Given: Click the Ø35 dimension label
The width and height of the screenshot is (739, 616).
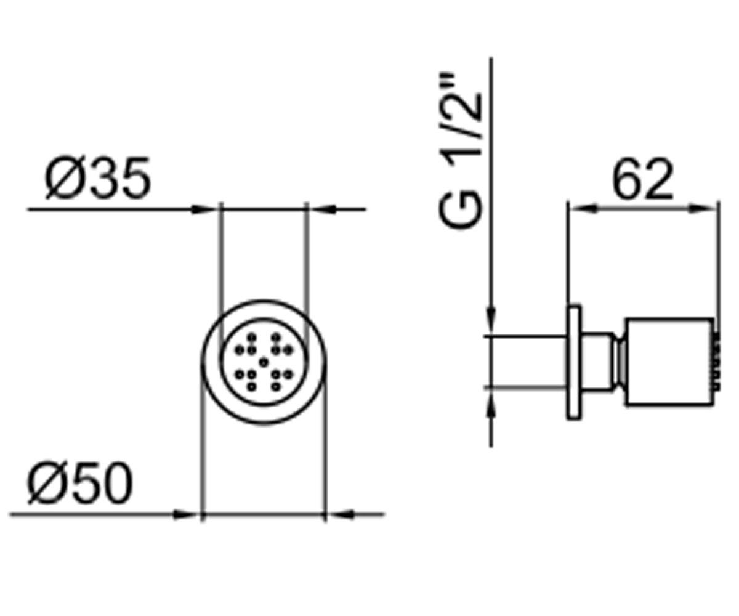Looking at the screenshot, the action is click(98, 178).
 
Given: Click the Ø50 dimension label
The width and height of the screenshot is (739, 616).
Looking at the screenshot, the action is click(80, 482).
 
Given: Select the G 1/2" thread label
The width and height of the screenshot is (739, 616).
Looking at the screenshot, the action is click(460, 152).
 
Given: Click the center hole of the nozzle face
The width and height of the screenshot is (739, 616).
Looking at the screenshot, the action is click(264, 362).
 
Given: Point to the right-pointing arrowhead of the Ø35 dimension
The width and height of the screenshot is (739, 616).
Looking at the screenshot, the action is click(203, 209).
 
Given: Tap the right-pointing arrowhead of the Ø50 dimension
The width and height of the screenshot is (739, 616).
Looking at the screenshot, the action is click(185, 514).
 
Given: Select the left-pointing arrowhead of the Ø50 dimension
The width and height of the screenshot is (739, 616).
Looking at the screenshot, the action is click(342, 514).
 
